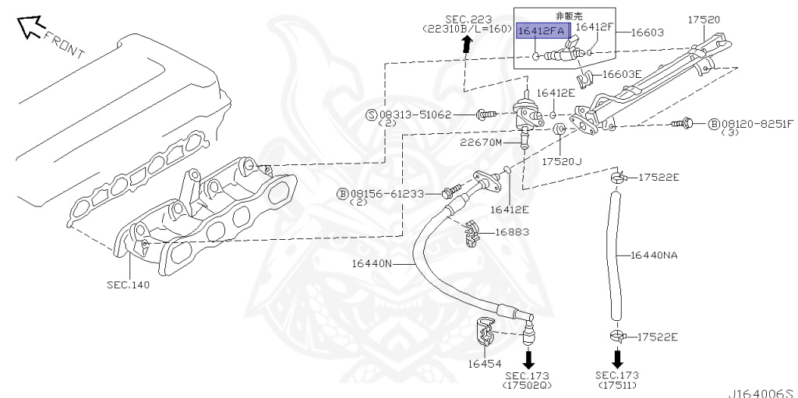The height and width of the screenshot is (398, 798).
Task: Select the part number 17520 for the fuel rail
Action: [x=704, y=19]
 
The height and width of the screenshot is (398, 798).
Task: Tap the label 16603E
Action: [x=621, y=75]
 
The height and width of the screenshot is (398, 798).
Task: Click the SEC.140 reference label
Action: [x=128, y=285]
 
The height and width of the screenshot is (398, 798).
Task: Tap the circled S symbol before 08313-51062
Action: [x=372, y=114]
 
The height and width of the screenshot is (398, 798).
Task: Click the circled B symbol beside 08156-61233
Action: [x=342, y=193]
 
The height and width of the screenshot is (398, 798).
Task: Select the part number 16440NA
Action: [x=654, y=254]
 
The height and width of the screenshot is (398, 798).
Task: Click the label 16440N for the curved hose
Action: [x=372, y=264]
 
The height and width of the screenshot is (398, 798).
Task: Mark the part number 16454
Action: [x=484, y=363]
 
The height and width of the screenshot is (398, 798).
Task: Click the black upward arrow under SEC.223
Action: [x=466, y=44]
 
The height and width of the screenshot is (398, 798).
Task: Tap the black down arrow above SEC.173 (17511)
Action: [x=617, y=358]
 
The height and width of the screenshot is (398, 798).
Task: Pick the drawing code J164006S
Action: [x=761, y=393]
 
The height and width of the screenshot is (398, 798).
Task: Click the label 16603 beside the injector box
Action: [x=647, y=32]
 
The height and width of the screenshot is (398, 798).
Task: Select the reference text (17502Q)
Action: [x=528, y=385]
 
